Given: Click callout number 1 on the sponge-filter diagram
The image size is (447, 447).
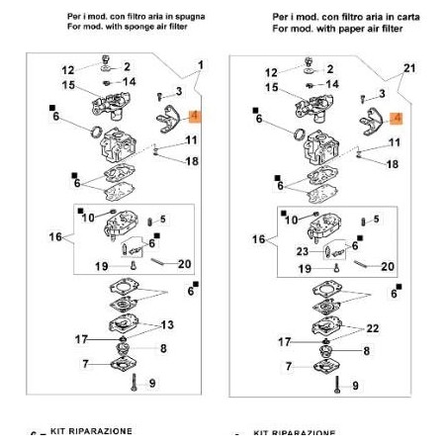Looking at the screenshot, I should click(x=202, y=64).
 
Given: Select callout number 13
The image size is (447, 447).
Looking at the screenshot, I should click(x=167, y=324).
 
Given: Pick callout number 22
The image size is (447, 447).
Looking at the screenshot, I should click(x=371, y=327).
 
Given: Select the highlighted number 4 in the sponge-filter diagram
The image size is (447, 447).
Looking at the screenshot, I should click(x=194, y=117).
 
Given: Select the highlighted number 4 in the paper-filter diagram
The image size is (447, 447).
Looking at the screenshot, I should click(x=397, y=118).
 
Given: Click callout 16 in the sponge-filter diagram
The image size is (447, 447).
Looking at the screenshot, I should click(x=55, y=238).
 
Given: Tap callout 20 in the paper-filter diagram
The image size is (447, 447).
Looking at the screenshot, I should click(x=387, y=266).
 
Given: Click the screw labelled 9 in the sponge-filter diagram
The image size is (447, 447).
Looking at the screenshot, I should click(x=134, y=381).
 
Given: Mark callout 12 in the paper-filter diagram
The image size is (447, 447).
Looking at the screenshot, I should click(x=271, y=72).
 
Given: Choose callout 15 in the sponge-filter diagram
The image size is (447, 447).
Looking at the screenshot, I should click(x=68, y=86).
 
